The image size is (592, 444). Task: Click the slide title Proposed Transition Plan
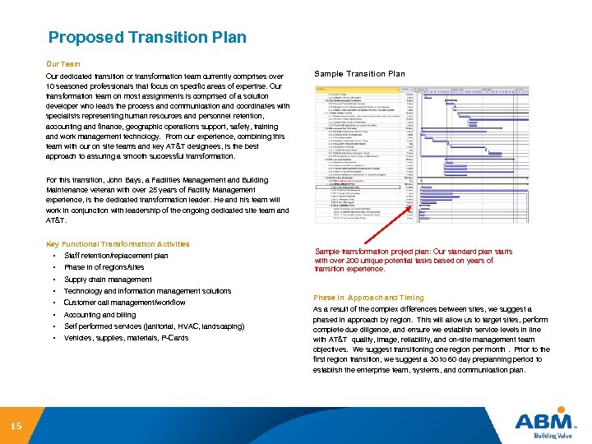point(147,38)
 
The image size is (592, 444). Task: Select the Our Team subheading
point(63,62)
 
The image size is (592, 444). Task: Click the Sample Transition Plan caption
point(360,74)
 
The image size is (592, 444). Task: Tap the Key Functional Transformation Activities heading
point(118,244)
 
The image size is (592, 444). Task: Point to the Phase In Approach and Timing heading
point(368,298)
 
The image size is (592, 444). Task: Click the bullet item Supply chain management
point(108,280)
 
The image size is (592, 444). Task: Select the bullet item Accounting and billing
point(99,315)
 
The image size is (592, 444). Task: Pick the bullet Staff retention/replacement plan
point(116,256)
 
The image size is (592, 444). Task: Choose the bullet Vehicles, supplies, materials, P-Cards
point(126,338)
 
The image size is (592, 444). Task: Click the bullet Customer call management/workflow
point(125,303)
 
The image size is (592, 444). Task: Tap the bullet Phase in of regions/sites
point(104,267)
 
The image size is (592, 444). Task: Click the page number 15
point(16,426)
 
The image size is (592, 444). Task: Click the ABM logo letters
point(543,422)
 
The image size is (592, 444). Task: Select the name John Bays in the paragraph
point(127,179)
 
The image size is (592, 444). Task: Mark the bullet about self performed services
point(154,326)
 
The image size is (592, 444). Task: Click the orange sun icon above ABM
point(562,409)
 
